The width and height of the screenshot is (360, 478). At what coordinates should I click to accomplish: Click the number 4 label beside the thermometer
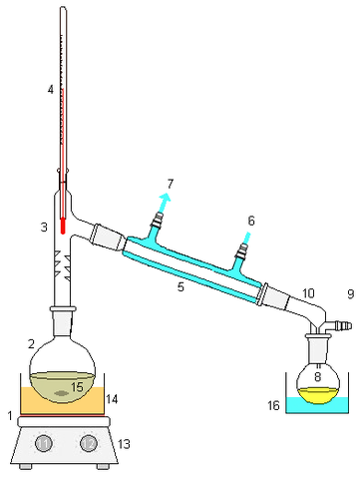click(x=50, y=90)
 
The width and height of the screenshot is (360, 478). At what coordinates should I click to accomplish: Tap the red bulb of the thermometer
click(x=63, y=226)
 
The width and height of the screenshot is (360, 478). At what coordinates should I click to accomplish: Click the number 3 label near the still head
click(x=44, y=228)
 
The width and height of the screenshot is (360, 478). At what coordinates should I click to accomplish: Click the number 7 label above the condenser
click(x=171, y=184)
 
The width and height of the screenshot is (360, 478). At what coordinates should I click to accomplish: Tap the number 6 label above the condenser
click(x=250, y=221)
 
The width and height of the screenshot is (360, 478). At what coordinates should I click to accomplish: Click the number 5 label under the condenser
click(x=180, y=287)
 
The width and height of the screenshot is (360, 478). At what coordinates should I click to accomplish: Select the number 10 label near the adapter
click(x=308, y=292)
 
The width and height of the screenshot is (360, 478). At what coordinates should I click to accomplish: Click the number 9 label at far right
click(x=349, y=294)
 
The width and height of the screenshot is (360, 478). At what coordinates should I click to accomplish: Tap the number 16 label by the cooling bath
click(x=273, y=407)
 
